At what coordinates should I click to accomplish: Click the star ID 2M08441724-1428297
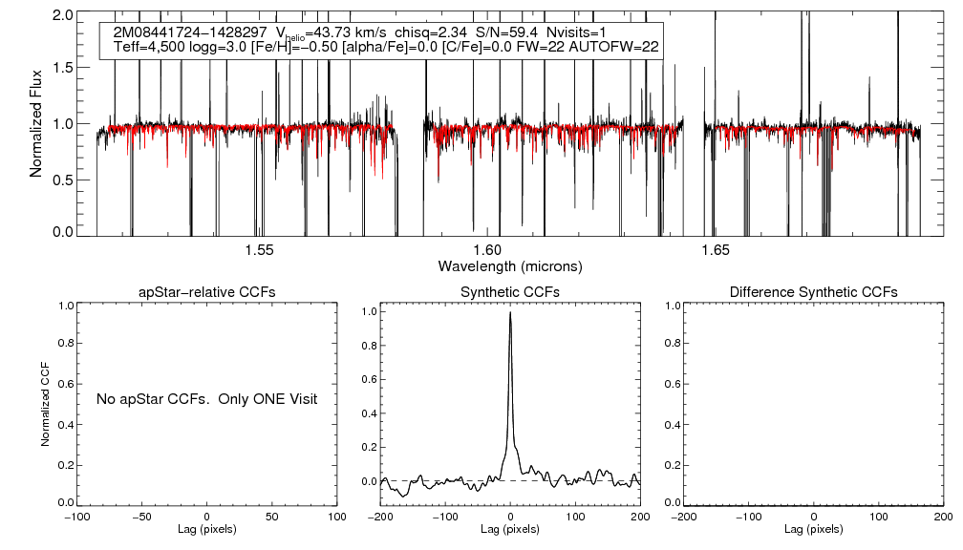[190, 32]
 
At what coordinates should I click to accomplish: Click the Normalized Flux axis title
[36, 123]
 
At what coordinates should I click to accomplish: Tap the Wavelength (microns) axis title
[509, 265]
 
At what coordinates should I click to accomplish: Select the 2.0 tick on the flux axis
[64, 16]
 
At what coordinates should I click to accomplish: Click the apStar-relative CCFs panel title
[208, 291]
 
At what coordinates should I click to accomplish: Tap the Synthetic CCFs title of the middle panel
[510, 291]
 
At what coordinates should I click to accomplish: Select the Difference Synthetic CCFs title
[813, 291]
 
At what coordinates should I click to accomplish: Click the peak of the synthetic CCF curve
[511, 312]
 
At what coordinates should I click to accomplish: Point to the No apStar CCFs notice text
[206, 398]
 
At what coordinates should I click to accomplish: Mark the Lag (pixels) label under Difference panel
[813, 529]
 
